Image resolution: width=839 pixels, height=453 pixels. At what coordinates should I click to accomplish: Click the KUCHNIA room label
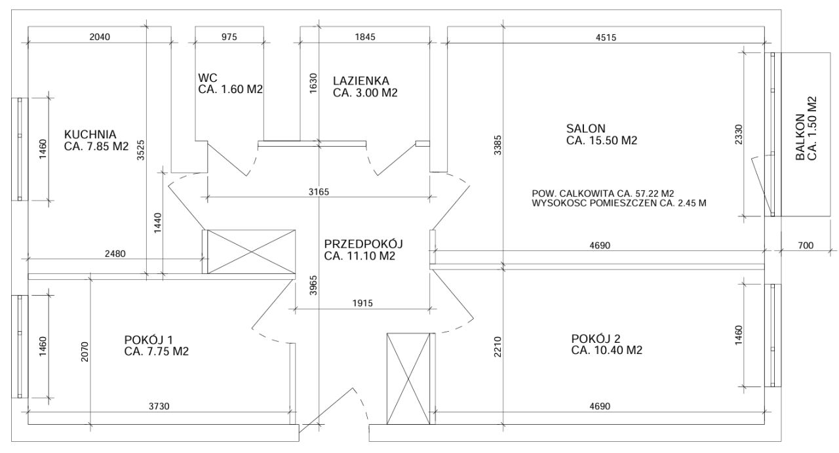pyautogui.click(x=90, y=134)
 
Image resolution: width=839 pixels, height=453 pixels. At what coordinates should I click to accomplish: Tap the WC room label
pyautogui.click(x=208, y=77)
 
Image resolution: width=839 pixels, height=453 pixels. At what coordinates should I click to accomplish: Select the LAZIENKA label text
pyautogui.click(x=361, y=81)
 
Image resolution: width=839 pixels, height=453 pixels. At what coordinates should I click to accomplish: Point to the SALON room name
pyautogui.click(x=586, y=128)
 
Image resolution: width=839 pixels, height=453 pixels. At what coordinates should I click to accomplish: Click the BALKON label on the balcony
pyautogui.click(x=800, y=138)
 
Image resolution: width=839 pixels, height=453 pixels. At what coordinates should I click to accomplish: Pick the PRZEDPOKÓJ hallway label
pyautogui.click(x=363, y=244)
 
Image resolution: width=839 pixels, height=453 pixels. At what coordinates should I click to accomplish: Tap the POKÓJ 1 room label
pyautogui.click(x=148, y=340)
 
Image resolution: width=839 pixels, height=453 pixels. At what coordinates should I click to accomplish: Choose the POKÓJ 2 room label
pyautogui.click(x=596, y=339)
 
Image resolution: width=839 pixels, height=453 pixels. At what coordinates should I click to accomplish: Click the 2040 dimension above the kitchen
pyautogui.click(x=100, y=37)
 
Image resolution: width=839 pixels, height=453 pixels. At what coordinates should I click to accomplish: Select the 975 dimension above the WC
pyautogui.click(x=229, y=37)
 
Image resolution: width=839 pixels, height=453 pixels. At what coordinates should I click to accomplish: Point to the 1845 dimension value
pyautogui.click(x=365, y=37)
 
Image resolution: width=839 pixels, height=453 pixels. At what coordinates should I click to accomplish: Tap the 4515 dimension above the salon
pyautogui.click(x=606, y=37)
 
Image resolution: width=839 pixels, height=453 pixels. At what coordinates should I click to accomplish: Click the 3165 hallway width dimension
pyautogui.click(x=319, y=192)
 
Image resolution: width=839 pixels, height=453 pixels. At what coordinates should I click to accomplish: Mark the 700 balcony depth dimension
pyautogui.click(x=806, y=245)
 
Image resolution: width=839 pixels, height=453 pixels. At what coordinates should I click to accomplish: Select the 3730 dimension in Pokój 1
pyautogui.click(x=159, y=406)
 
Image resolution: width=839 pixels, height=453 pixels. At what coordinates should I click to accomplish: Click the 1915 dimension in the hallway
pyautogui.click(x=362, y=303)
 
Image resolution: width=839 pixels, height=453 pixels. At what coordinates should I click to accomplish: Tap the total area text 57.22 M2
pyautogui.click(x=655, y=193)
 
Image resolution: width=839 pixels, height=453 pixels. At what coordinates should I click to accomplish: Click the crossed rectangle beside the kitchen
pyautogui.click(x=251, y=252)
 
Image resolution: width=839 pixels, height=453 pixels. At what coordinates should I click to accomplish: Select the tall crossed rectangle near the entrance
pyautogui.click(x=408, y=378)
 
